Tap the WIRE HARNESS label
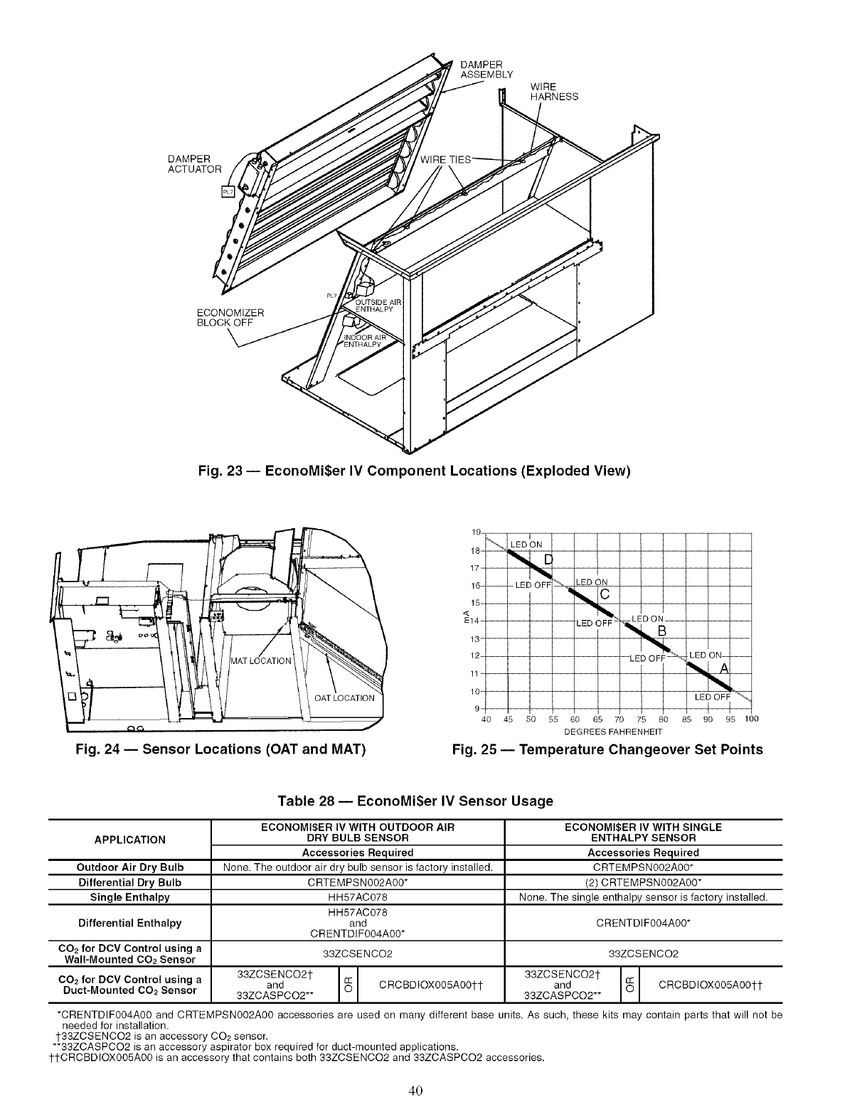coord(554,92)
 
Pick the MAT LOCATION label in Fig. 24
coord(262,660)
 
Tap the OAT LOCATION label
coord(344,697)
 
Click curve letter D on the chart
coord(548,559)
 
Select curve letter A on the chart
coord(725,668)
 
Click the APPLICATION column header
coord(130,839)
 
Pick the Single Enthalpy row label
coord(130,897)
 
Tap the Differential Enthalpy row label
coord(130,923)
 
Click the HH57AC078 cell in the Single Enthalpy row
coord(357,897)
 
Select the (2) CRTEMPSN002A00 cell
coord(643,882)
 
